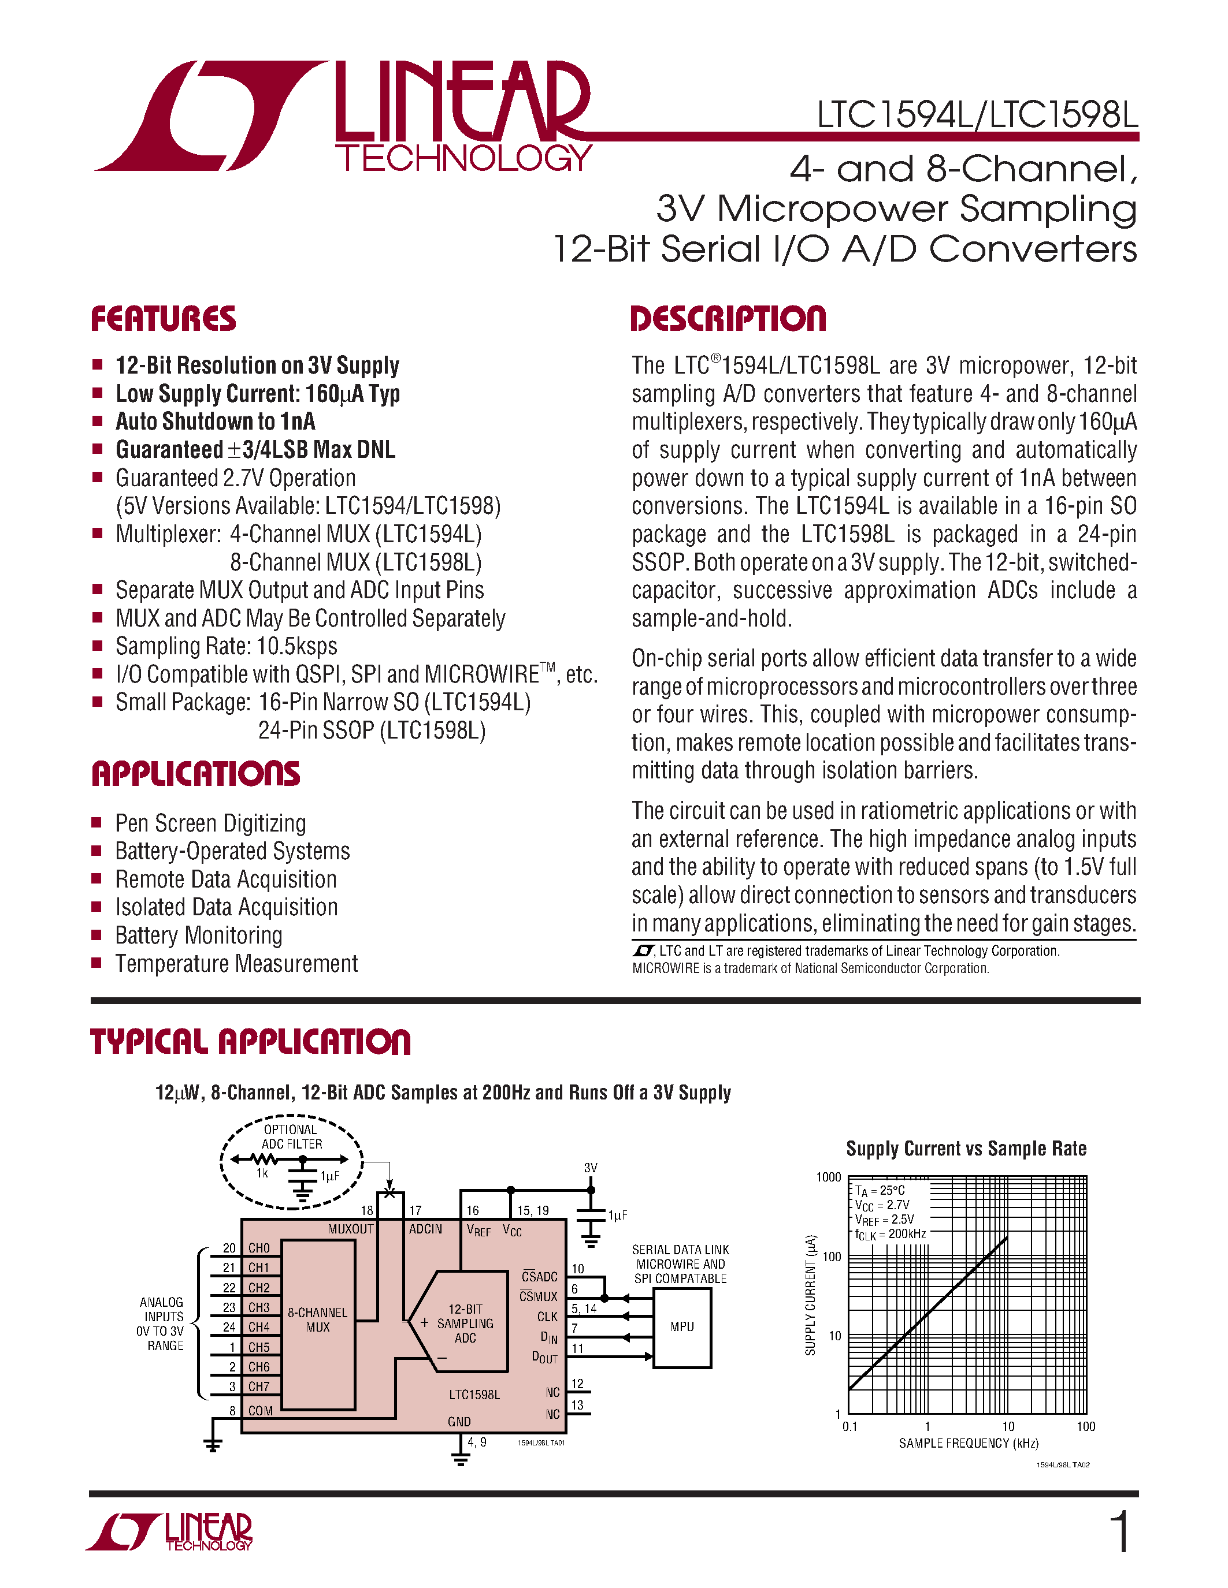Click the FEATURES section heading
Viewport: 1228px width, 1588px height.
163,319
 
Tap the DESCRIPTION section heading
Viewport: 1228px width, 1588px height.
728,319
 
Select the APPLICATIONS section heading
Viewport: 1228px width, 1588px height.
196,774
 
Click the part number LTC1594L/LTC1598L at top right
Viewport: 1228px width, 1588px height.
977,115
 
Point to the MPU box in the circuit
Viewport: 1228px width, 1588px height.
682,1327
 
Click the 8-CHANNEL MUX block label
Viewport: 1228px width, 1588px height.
317,1319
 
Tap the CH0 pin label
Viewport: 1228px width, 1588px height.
259,1248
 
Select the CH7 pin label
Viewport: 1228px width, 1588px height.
259,1386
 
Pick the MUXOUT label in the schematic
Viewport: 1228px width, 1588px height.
351,1229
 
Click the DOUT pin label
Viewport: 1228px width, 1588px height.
544,1358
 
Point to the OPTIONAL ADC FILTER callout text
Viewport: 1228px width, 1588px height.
291,1136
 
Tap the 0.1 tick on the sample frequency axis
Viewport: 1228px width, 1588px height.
849,1426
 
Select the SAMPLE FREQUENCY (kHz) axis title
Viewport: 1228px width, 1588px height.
969,1443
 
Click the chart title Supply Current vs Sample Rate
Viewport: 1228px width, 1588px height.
966,1149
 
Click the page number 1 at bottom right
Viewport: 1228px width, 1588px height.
1121,1532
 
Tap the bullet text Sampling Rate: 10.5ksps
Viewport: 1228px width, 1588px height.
227,646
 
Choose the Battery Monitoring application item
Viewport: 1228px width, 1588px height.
199,936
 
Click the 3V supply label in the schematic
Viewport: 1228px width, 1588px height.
591,1168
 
